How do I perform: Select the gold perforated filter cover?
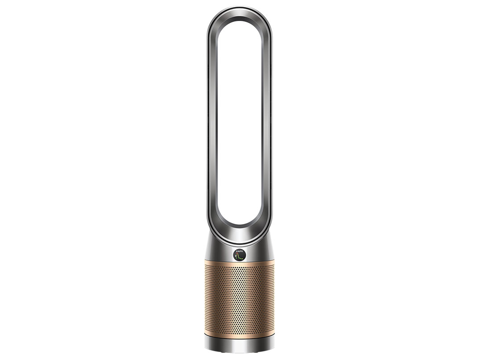239,299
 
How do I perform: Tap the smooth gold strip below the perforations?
239,334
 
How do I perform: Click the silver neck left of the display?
219,252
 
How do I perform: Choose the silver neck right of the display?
261,252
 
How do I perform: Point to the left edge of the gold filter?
206,299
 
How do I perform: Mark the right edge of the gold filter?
273,299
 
